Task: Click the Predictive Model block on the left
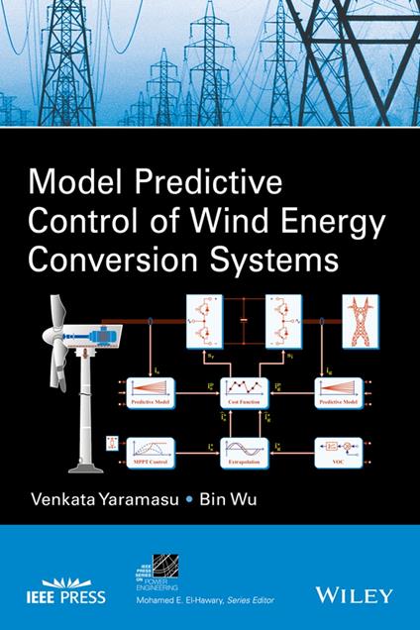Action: [146, 388]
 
